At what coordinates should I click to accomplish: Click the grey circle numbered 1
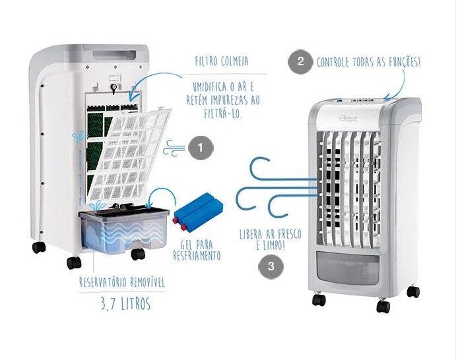pos(201,148)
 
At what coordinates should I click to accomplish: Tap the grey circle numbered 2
pos(300,62)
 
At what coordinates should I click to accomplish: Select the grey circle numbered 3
pos(271,266)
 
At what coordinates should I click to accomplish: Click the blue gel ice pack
pos(199,211)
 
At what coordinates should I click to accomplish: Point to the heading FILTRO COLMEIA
pos(222,61)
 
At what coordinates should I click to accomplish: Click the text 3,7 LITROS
pos(125,303)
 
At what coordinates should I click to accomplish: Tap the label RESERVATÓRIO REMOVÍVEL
pos(122,282)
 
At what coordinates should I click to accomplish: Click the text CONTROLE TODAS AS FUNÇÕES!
pos(368,62)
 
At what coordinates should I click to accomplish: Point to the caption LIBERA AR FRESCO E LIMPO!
pos(270,239)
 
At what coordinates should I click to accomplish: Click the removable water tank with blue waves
pos(124,229)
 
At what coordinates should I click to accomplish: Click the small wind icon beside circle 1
pos(174,148)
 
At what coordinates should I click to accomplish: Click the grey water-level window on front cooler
pos(347,268)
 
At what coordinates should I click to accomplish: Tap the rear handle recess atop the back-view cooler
pos(114,55)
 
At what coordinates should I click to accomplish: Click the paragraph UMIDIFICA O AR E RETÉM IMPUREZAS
pos(223,100)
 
